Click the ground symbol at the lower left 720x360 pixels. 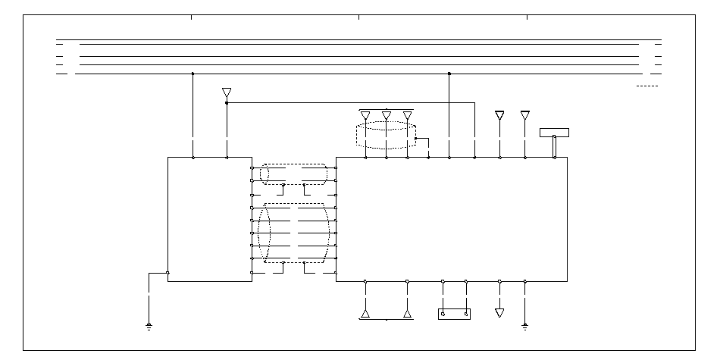pyautogui.click(x=149, y=327)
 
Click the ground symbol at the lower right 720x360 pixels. pyautogui.click(x=524, y=327)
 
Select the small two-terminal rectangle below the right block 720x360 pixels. pyautogui.click(x=454, y=314)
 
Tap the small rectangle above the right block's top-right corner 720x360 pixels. pyautogui.click(x=554, y=133)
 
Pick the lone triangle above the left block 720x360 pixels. pyautogui.click(x=227, y=92)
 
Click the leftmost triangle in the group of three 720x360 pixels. pyautogui.click(x=365, y=115)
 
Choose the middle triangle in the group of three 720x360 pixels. pyautogui.click(x=387, y=115)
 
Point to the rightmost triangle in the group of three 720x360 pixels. pyautogui.click(x=408, y=115)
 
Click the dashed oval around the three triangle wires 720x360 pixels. pyautogui.click(x=387, y=134)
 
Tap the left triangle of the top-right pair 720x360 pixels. pyautogui.click(x=499, y=115)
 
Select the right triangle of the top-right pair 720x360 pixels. pyautogui.click(x=525, y=115)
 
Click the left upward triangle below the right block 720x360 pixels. pyautogui.click(x=365, y=312)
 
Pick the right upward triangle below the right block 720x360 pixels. pyautogui.click(x=407, y=312)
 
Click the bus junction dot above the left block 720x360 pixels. pyautogui.click(x=193, y=74)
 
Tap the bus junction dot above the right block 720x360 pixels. pyautogui.click(x=449, y=74)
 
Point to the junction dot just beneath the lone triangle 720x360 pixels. pyautogui.click(x=227, y=102)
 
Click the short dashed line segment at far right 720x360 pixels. pyautogui.click(x=646, y=87)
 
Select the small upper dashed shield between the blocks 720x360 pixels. pyautogui.click(x=294, y=174)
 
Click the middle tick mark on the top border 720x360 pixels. pyautogui.click(x=358, y=17)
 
